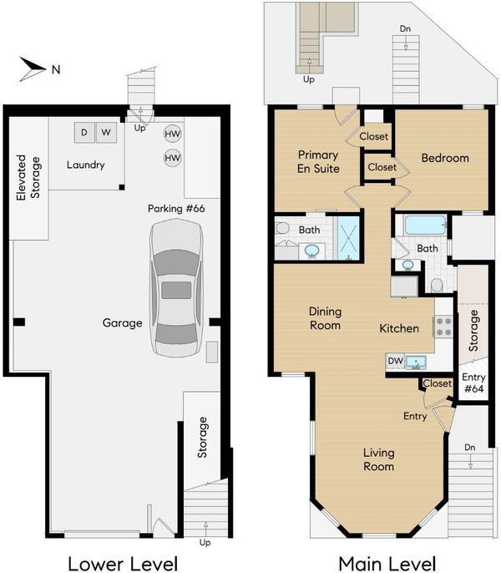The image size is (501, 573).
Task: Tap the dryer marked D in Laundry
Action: click(x=84, y=132)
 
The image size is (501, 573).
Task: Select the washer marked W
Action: click(x=106, y=132)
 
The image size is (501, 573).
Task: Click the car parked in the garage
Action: click(x=176, y=288)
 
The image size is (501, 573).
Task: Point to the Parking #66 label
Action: click(x=176, y=209)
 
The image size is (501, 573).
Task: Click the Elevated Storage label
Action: click(x=28, y=178)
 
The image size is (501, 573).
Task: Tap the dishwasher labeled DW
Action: click(x=396, y=361)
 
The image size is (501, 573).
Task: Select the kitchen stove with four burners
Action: click(x=443, y=327)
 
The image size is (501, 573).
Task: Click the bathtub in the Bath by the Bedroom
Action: click(x=425, y=225)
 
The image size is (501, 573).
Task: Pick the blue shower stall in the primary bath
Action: click(x=348, y=238)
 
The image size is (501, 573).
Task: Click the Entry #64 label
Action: click(x=474, y=383)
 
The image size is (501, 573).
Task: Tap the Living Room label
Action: click(x=378, y=459)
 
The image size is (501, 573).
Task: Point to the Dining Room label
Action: click(x=325, y=318)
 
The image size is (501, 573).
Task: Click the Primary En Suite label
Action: click(x=318, y=161)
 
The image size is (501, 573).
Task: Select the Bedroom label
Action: click(x=445, y=158)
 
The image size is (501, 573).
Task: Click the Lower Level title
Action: click(x=123, y=563)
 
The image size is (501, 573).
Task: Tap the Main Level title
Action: click(x=387, y=563)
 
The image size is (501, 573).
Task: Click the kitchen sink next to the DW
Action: click(x=416, y=363)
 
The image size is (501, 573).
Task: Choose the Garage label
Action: click(x=122, y=323)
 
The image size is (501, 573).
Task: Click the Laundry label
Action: click(x=85, y=165)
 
